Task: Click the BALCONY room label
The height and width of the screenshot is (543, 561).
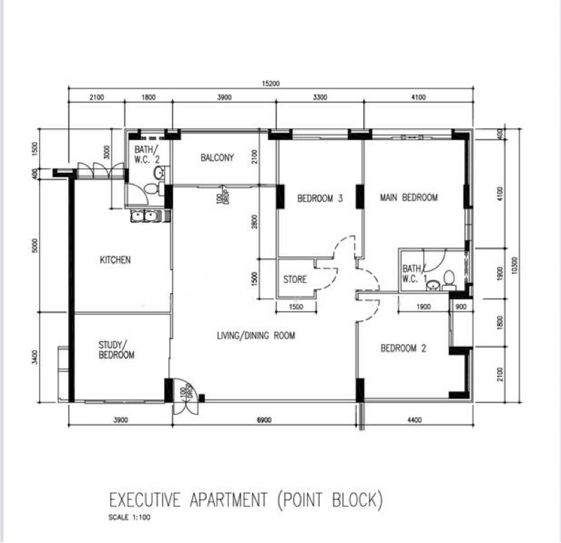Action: tap(217, 157)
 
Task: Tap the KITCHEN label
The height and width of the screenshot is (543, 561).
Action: tap(115, 260)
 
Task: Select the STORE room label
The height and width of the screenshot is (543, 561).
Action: tap(295, 279)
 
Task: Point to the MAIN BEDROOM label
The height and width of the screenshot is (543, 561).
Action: tap(409, 198)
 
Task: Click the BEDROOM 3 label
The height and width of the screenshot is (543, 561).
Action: tap(320, 198)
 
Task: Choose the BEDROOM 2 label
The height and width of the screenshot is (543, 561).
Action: tap(403, 348)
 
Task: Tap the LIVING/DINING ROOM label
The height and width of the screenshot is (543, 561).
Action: tap(256, 336)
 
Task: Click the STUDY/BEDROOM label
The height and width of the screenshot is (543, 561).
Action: tap(116, 350)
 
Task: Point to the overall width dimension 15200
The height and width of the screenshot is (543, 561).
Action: tap(271, 83)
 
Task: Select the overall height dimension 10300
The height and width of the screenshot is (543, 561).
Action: tap(515, 266)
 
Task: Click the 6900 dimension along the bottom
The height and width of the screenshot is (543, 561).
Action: tap(264, 420)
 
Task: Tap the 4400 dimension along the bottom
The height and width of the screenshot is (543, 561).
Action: tap(414, 420)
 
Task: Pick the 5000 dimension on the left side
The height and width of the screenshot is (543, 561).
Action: tap(34, 245)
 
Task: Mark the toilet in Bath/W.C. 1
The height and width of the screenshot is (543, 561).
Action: tap(449, 280)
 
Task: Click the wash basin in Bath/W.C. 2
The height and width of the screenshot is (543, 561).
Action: tap(159, 173)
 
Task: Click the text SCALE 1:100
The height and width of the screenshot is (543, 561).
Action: tap(130, 517)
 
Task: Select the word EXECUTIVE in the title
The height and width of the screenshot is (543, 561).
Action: tap(144, 500)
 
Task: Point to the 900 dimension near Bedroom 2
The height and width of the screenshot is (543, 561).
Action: tap(461, 307)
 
